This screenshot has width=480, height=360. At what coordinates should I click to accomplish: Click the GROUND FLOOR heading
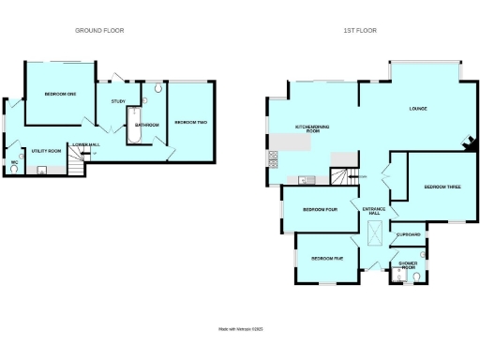99,31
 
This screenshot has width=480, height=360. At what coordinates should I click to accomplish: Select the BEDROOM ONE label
58,94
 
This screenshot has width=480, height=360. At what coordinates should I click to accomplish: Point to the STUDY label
118,101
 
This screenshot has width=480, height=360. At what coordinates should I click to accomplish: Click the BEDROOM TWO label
190,123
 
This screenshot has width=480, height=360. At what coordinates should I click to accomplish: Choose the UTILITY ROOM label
46,151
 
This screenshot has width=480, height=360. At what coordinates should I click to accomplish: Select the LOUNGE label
419,110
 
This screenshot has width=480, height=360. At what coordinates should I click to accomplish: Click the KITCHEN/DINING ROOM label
308,129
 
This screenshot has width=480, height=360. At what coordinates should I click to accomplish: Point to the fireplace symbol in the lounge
467,143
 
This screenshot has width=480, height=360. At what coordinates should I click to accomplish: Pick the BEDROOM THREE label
442,187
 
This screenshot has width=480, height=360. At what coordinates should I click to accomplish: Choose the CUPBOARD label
408,234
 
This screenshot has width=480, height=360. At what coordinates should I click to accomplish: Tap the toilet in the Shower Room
415,276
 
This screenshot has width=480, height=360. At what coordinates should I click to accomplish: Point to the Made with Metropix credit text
241,329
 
